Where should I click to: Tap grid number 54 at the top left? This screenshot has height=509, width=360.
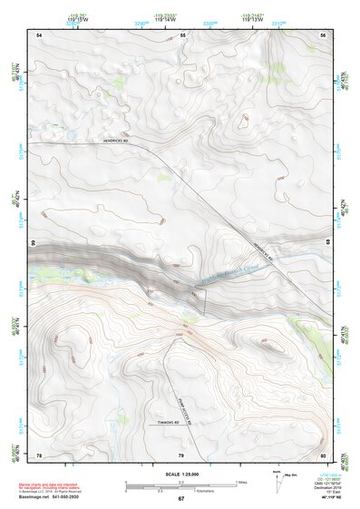tap(39, 34)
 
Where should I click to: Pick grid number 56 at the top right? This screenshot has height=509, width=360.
tap(324, 34)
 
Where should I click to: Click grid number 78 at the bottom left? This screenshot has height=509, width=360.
tap(39, 454)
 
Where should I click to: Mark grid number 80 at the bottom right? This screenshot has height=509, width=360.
tap(324, 454)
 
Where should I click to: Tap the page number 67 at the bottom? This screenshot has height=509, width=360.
tap(180, 499)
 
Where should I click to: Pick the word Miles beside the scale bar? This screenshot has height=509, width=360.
tap(241, 482)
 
